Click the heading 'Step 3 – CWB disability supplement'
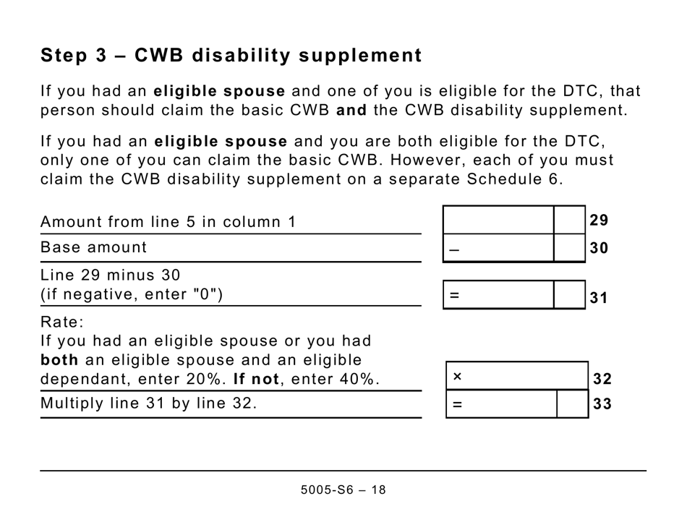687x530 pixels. [x=231, y=56]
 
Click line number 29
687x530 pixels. [x=599, y=221]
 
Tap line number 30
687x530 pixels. [x=599, y=249]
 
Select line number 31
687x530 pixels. [x=599, y=297]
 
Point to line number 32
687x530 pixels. [x=602, y=379]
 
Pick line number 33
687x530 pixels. [x=602, y=405]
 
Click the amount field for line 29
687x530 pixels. [x=498, y=220]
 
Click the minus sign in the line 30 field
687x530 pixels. [x=454, y=249]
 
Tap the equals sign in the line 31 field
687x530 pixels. [x=454, y=296]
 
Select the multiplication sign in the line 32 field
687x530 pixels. [x=457, y=377]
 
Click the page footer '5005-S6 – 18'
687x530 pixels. [x=343, y=490]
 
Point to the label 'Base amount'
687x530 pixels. [x=93, y=247]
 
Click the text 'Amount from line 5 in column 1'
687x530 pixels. [x=168, y=222]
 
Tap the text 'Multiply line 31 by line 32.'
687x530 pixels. [x=148, y=403]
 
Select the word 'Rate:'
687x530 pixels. [x=62, y=322]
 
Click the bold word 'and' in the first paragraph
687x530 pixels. [x=351, y=111]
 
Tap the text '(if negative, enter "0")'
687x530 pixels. [x=132, y=294]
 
